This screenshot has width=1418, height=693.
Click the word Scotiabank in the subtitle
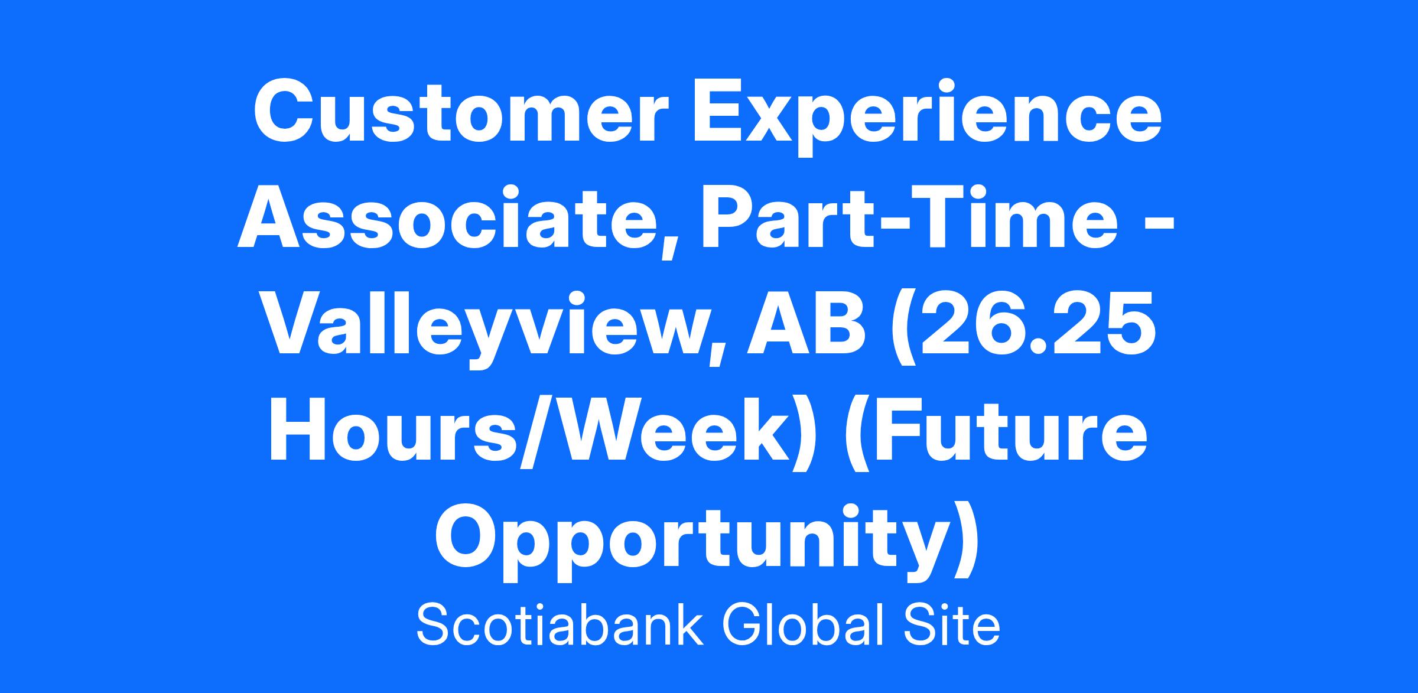pos(560,626)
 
